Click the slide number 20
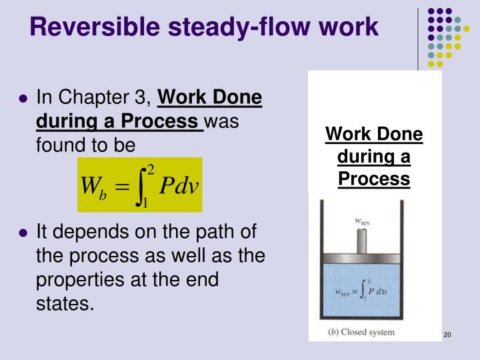447,335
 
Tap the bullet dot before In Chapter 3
23,99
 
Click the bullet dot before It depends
23,233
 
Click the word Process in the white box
373,179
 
